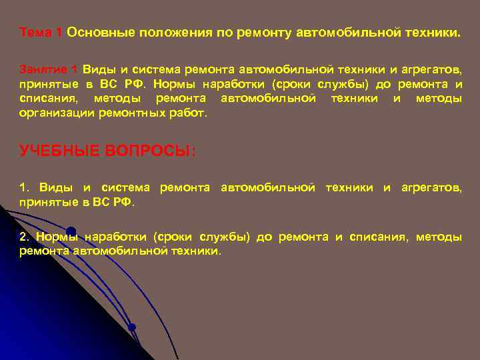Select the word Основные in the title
pyautogui.click(x=98, y=33)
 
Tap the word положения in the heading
pyautogui.click(x=168, y=33)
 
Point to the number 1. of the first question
pyautogui.click(x=25, y=188)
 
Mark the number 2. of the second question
pyautogui.click(x=25, y=237)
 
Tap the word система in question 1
pyautogui.click(x=125, y=188)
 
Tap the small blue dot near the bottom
pyautogui.click(x=132, y=327)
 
